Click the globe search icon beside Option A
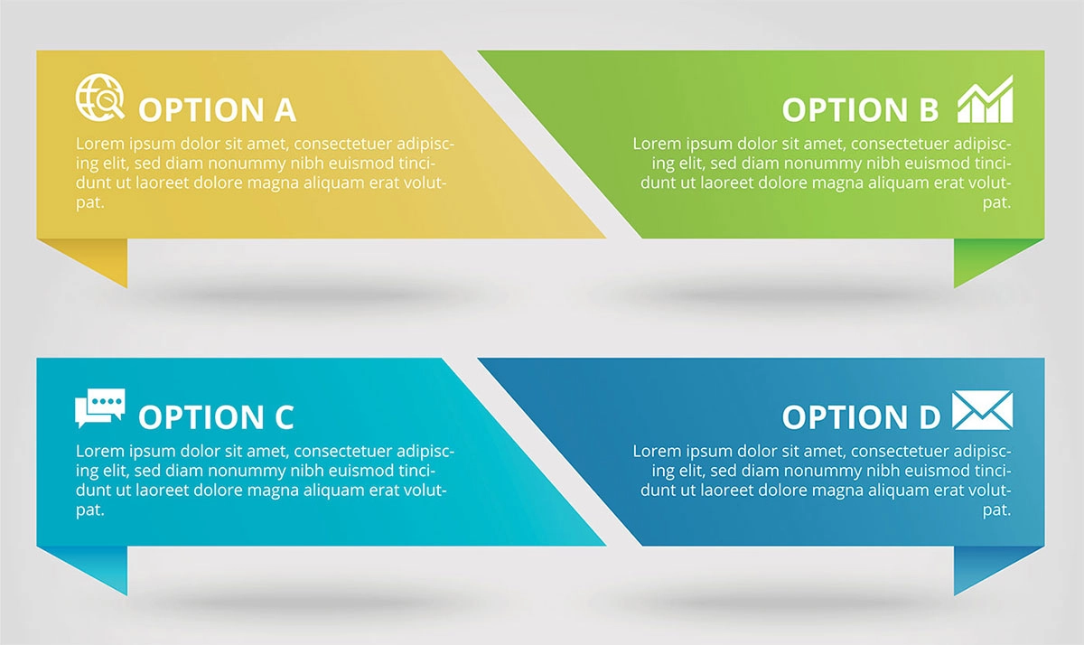[x=99, y=97]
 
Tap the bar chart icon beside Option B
[x=985, y=98]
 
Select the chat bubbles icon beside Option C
[x=99, y=408]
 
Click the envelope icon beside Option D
[x=983, y=410]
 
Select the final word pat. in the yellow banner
[x=90, y=202]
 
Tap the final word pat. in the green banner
[x=997, y=202]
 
